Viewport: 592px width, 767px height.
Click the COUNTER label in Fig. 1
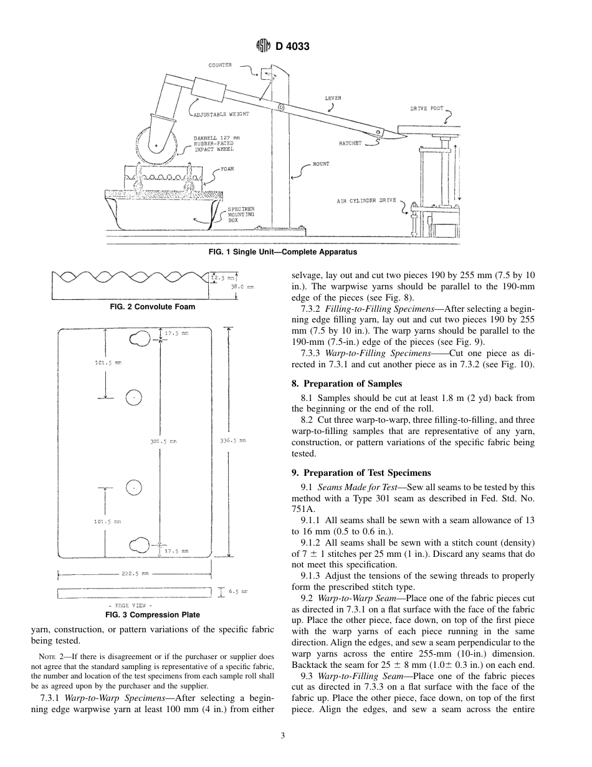220,65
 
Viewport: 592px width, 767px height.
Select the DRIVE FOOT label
426,109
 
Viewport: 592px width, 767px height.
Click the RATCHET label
350,143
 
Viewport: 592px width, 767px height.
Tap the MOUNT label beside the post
321,164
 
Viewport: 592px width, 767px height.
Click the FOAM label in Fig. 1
226,169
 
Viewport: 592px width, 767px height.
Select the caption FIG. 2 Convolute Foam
152,307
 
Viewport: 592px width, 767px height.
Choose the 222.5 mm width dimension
136,572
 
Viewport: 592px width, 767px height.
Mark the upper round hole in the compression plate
135,397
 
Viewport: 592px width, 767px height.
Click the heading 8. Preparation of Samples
348,383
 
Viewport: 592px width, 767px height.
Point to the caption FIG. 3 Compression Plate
152,615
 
